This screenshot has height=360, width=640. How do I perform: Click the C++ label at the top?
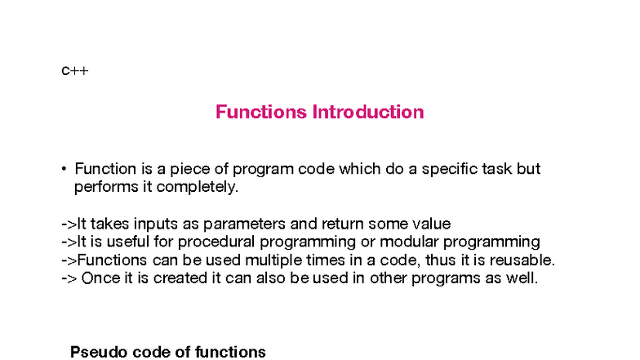[74, 71]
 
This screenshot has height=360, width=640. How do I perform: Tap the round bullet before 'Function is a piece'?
[63, 170]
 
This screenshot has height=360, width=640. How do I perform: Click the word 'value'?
[432, 224]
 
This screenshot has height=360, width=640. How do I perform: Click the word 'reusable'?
[522, 260]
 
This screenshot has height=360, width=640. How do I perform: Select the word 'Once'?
[98, 278]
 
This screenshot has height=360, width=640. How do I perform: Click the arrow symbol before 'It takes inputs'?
[69, 224]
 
